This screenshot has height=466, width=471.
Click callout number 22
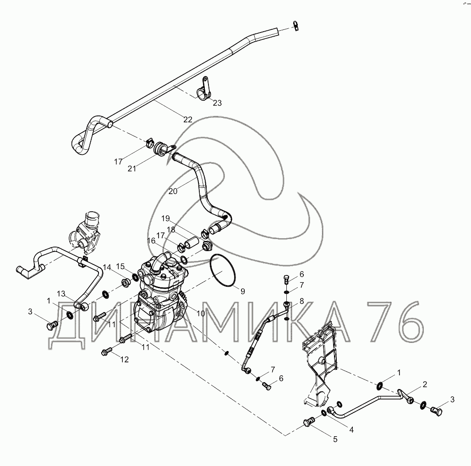188,120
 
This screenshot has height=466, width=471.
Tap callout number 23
217,103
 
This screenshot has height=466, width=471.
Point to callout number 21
132,168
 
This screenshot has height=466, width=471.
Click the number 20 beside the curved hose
173,191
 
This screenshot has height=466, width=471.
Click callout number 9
242,291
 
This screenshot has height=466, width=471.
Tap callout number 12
125,360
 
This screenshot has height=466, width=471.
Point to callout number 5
335,439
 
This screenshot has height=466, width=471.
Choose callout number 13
61,293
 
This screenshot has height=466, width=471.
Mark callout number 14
107,267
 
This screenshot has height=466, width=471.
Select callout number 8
301,301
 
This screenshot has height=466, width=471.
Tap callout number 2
425,384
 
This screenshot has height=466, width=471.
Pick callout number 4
352,429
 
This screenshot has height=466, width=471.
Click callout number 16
151,241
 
